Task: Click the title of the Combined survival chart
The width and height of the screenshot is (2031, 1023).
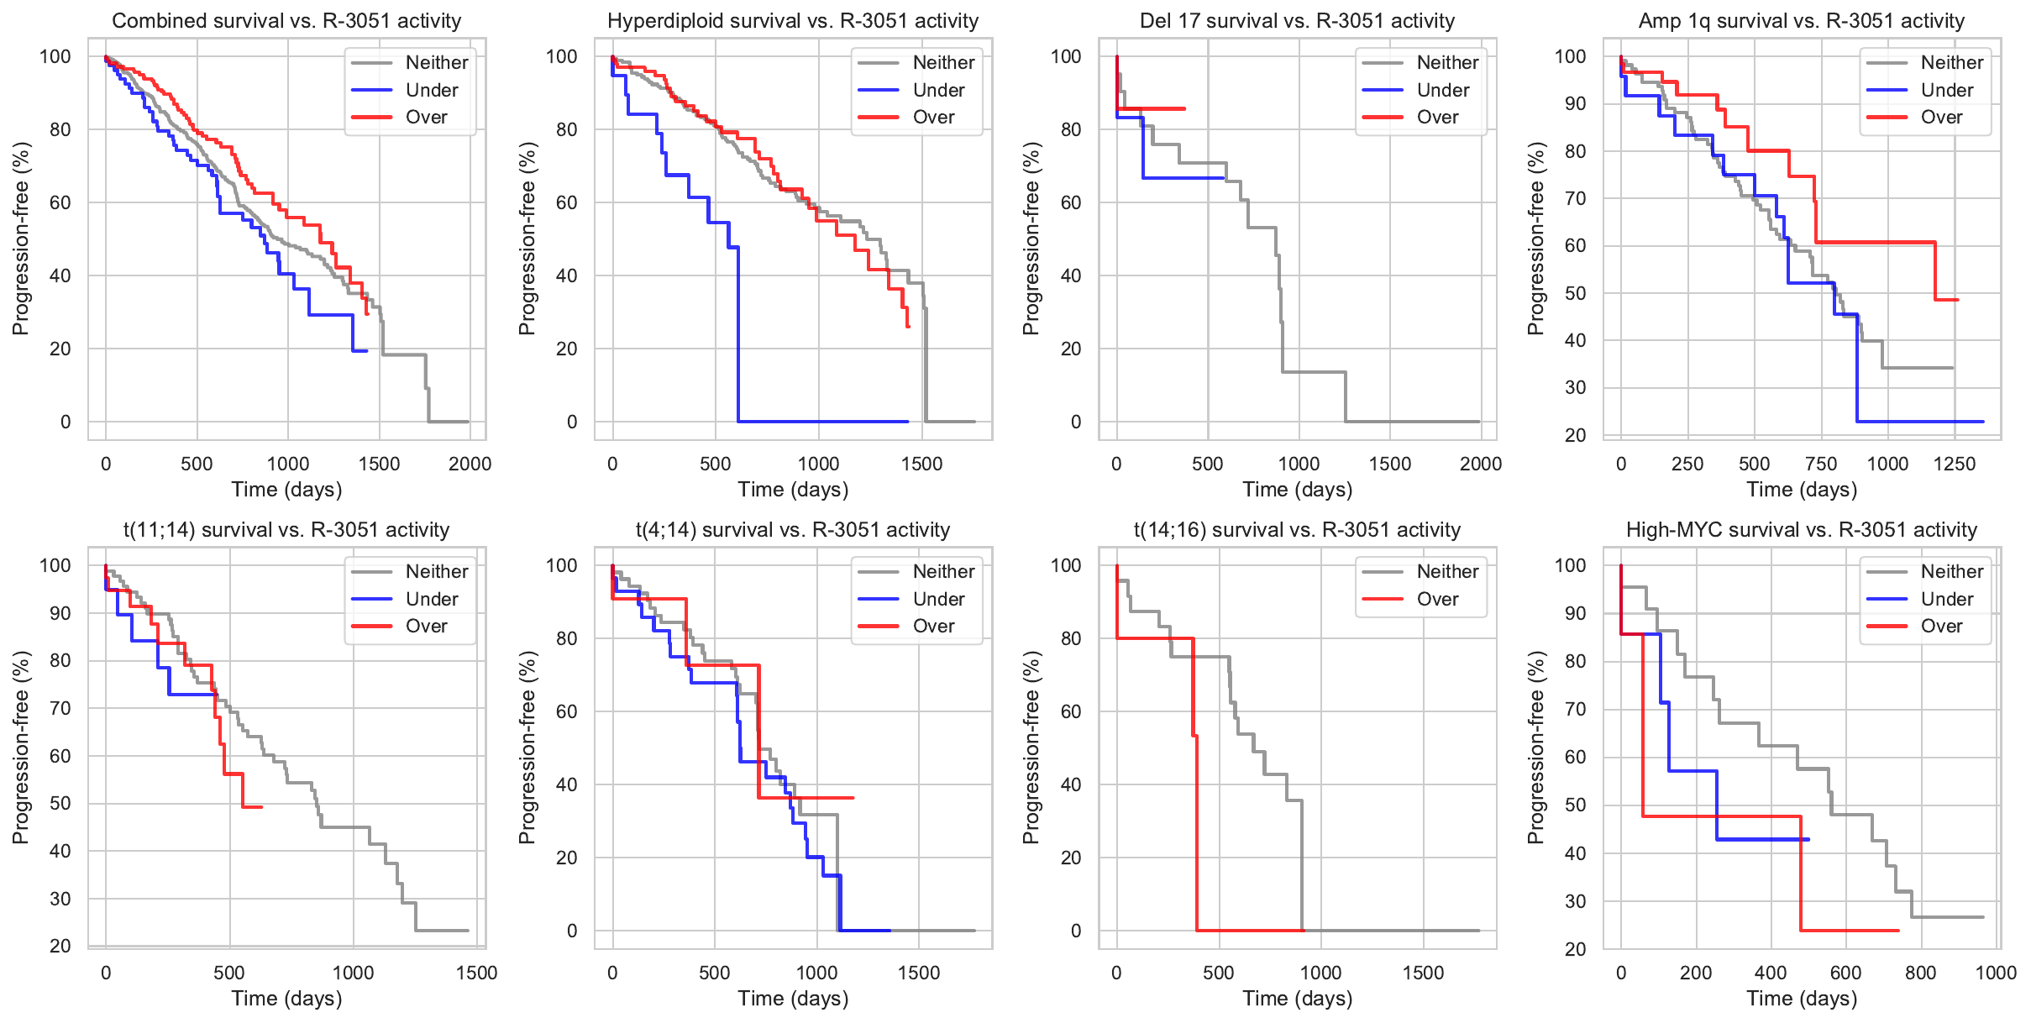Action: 286,21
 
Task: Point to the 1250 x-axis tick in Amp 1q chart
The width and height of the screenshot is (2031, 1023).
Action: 1955,464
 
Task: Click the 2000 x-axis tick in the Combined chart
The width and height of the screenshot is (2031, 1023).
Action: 470,464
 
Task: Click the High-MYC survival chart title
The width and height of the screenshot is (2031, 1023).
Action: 1801,530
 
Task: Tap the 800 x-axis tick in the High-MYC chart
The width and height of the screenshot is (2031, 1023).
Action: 1920,973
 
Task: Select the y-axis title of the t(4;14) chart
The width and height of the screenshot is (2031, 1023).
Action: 527,748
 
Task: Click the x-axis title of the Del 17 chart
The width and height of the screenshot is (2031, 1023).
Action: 1297,490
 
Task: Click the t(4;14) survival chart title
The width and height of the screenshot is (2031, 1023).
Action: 792,530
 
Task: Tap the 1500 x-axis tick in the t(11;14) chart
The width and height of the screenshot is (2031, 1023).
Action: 476,973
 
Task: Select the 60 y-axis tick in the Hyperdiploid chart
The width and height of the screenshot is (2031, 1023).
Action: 567,202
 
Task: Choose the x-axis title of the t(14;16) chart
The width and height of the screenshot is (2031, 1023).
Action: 1297,999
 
